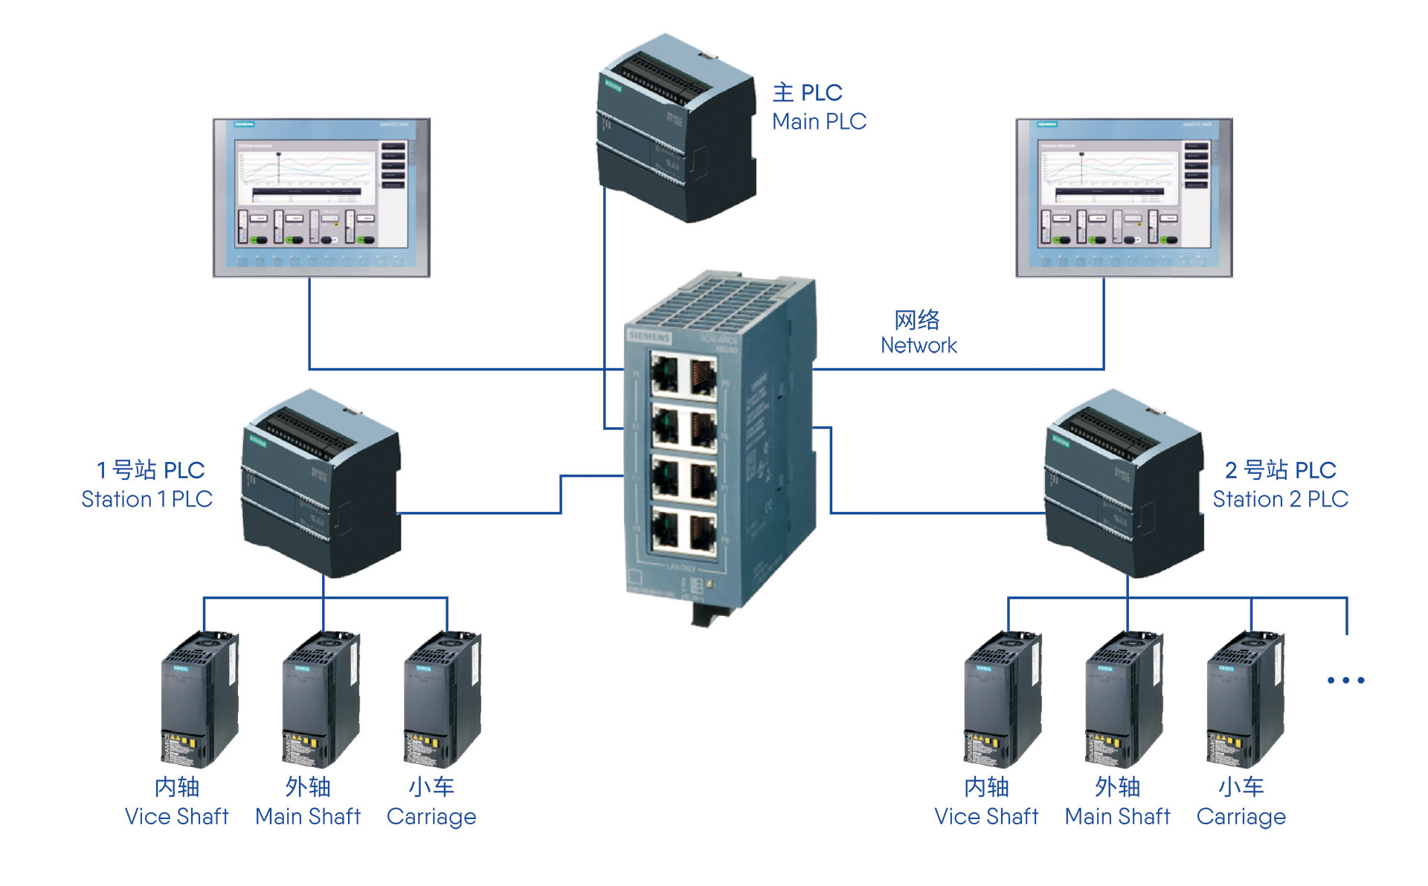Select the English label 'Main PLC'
(x=819, y=121)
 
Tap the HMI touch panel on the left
(x=321, y=197)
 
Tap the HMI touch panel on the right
(x=1124, y=197)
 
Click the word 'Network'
(x=919, y=345)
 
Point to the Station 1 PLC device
(x=321, y=484)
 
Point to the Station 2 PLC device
(x=1124, y=484)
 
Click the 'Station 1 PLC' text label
(x=147, y=499)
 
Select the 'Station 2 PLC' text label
(x=1280, y=499)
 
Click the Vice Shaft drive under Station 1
(x=199, y=699)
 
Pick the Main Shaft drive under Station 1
(x=321, y=699)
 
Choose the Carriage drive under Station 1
(x=443, y=699)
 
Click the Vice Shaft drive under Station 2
(x=1003, y=699)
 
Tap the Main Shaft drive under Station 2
(x=1124, y=699)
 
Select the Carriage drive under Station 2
(x=1245, y=699)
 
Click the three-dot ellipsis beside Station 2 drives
(x=1345, y=680)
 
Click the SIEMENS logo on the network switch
(x=649, y=337)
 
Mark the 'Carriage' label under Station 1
(x=431, y=817)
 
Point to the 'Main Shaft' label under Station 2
(x=1117, y=817)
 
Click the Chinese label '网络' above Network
(x=917, y=320)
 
